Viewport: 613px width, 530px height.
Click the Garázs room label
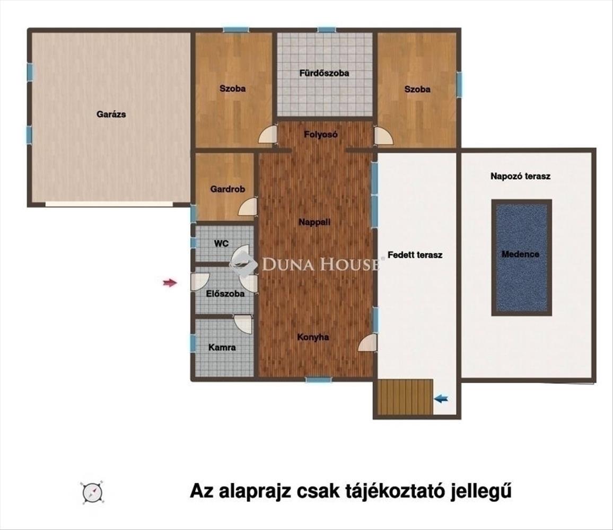tap(111, 114)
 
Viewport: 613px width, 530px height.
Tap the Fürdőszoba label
tap(324, 73)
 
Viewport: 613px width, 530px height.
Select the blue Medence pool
tap(521, 258)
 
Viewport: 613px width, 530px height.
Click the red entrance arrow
tap(170, 282)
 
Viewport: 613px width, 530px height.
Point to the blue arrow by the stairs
tap(441, 399)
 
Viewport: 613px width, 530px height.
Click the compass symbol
tap(93, 492)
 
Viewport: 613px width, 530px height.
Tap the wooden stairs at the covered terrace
tap(405, 397)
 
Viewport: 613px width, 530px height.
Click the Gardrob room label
tap(227, 189)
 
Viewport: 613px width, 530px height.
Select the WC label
tap(221, 243)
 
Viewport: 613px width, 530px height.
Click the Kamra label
tap(222, 347)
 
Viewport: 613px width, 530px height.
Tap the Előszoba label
tap(225, 294)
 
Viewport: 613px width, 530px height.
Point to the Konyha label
tap(313, 337)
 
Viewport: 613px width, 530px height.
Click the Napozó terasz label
tap(520, 176)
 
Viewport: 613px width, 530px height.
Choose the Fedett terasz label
tap(415, 255)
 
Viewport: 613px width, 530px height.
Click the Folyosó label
tap(321, 135)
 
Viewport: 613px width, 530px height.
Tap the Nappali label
tap(314, 222)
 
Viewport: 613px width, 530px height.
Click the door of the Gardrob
tap(248, 206)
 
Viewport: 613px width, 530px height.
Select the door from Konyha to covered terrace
tap(367, 342)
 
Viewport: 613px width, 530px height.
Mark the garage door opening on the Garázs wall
tap(109, 204)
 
